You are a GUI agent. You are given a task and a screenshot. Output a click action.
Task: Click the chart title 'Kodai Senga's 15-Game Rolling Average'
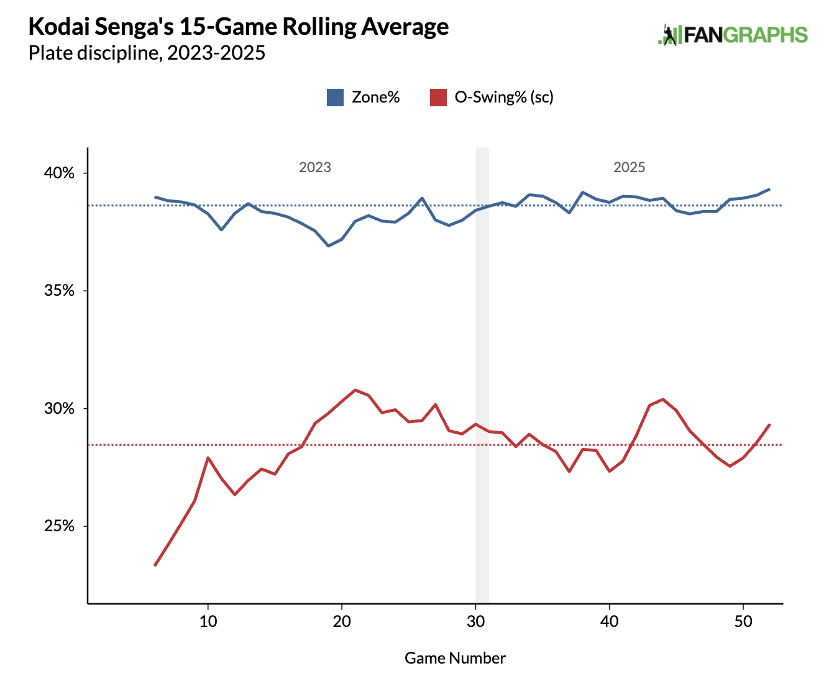coord(239,27)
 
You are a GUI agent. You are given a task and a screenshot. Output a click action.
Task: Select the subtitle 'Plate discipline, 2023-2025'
coord(147,53)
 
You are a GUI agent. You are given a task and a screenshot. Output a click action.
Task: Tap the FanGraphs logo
coord(733,35)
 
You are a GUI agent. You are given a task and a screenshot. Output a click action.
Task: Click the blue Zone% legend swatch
coord(335,98)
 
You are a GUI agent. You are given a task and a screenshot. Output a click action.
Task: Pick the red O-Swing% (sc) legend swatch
coord(438,98)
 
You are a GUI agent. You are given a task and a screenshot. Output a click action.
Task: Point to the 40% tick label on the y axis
coord(59,173)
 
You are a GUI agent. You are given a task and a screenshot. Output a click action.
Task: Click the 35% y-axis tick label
coord(59,291)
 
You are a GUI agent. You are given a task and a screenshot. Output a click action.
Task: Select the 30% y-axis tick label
coord(59,409)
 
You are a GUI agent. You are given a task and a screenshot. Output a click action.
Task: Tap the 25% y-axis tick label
coord(59,526)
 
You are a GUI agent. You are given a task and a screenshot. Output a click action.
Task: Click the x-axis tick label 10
coord(208,622)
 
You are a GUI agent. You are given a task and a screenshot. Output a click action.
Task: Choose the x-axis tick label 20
coord(342,622)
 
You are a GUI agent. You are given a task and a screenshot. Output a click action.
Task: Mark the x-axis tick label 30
coord(476,622)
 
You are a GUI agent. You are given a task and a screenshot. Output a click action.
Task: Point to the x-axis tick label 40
coord(610,622)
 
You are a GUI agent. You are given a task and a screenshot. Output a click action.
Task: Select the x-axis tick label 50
coord(743,622)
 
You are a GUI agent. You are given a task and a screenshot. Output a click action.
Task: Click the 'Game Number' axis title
coord(455,658)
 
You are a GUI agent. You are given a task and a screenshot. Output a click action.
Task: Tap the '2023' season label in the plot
coord(315,167)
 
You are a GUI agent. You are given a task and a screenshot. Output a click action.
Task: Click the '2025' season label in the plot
coord(630,167)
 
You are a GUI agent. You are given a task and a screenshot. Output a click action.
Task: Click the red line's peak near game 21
coord(355,390)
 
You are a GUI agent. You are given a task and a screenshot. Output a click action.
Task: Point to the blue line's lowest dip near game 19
coord(328,246)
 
